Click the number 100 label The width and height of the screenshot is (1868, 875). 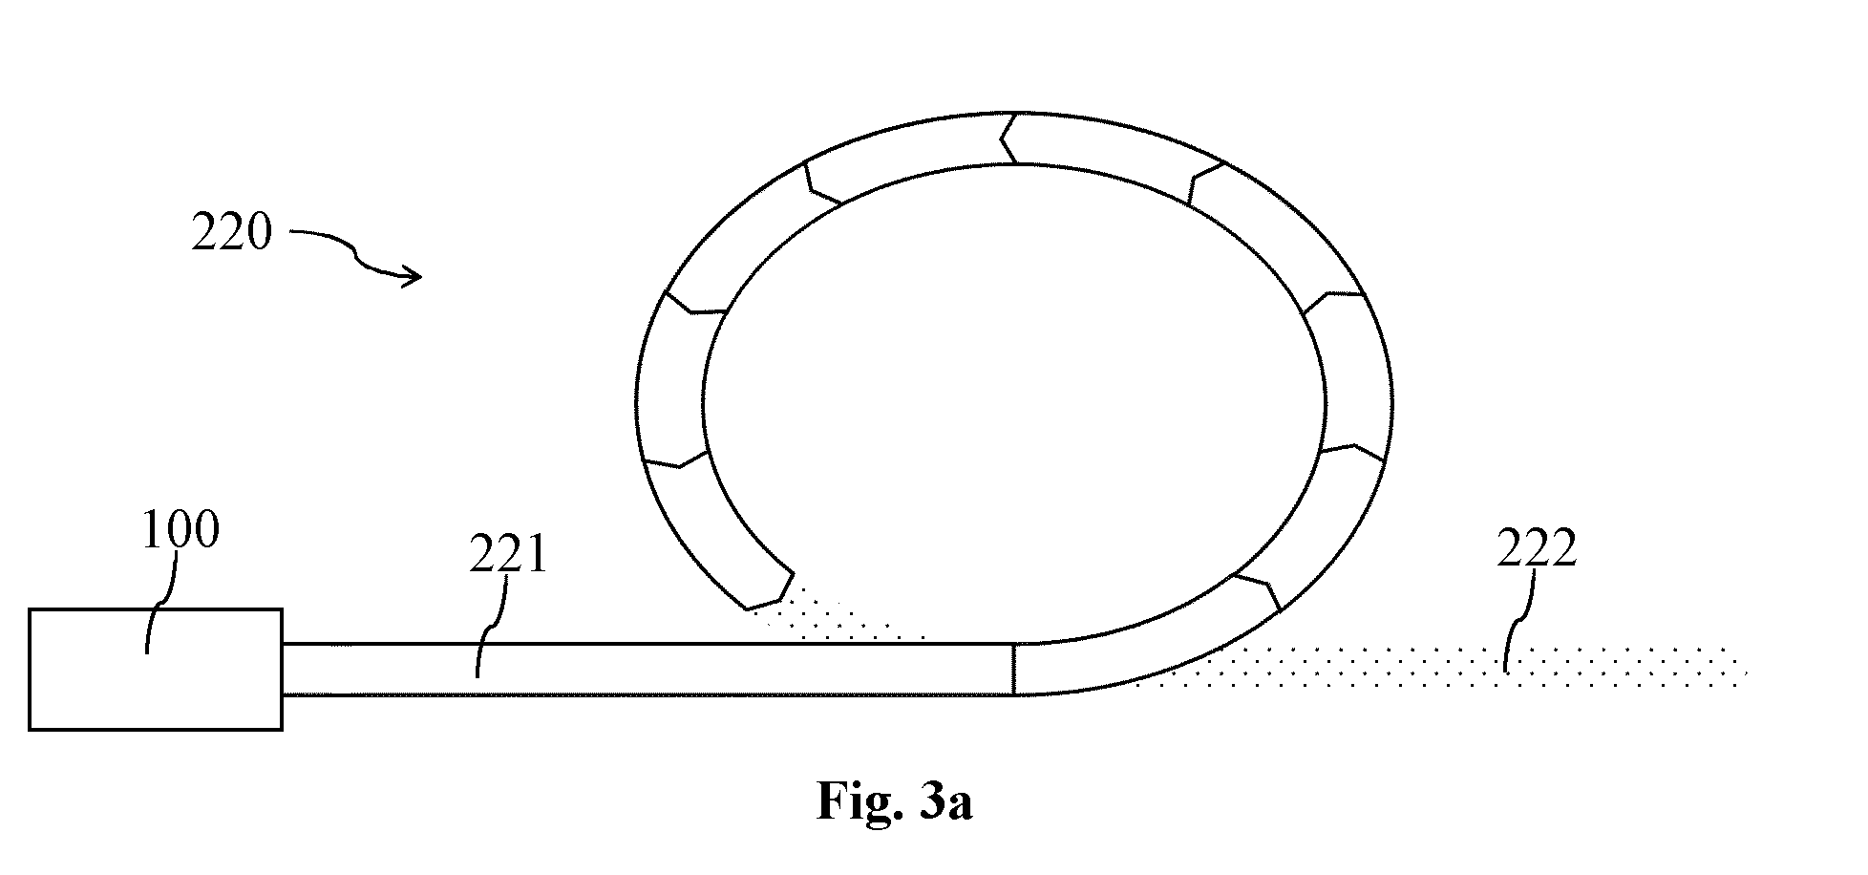pyautogui.click(x=180, y=530)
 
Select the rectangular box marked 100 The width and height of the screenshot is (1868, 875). pyautogui.click(x=156, y=669)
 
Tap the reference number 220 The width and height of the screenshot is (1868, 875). pyautogui.click(x=231, y=231)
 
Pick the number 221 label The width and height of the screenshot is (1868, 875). pyautogui.click(x=507, y=554)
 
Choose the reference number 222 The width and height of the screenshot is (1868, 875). pyautogui.click(x=1536, y=549)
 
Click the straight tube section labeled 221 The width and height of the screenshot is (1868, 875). pyautogui.click(x=647, y=669)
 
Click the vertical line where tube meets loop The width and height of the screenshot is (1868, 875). pyautogui.click(x=1013, y=669)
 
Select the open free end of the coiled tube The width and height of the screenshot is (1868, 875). pyautogui.click(x=769, y=590)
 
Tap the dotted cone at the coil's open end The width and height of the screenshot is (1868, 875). pyautogui.click(x=840, y=611)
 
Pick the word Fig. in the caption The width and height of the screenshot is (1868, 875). pyautogui.click(x=857, y=800)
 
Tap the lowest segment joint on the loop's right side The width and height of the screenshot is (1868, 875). pyautogui.click(x=1258, y=592)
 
